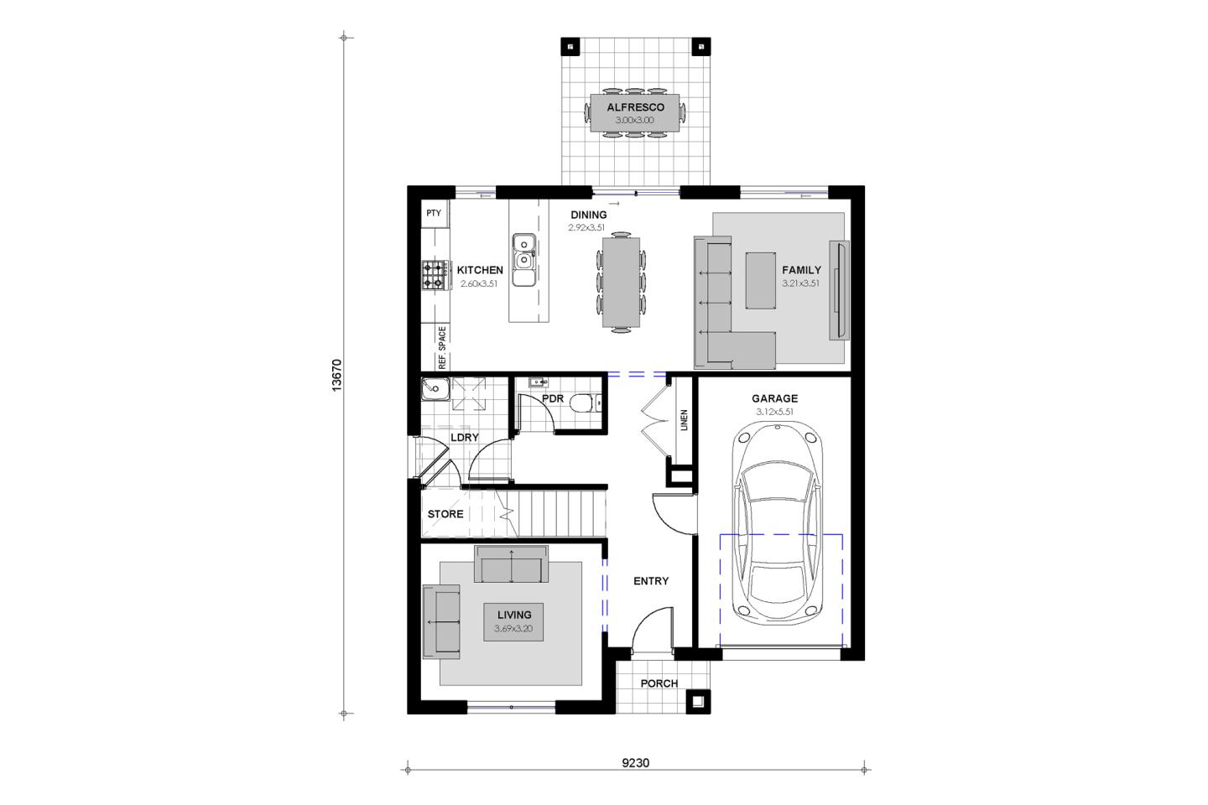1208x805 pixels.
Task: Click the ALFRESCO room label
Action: click(x=635, y=107)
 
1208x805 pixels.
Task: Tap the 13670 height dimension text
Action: click(x=337, y=376)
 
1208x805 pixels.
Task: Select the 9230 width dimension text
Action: click(x=636, y=763)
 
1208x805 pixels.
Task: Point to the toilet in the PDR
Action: click(x=586, y=402)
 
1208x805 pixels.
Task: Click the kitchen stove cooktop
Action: click(x=435, y=275)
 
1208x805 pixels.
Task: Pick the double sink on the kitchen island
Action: click(x=523, y=259)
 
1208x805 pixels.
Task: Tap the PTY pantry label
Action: click(x=434, y=213)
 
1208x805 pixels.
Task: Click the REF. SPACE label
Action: click(x=442, y=348)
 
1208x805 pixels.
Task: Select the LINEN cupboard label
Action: click(x=685, y=420)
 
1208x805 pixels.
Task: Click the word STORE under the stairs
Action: click(x=445, y=514)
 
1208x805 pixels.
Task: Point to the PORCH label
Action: click(x=659, y=683)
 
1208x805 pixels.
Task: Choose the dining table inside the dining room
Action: click(x=622, y=283)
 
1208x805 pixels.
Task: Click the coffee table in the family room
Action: click(x=761, y=280)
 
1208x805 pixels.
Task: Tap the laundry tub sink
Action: click(x=435, y=389)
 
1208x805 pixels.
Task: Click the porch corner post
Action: click(x=698, y=702)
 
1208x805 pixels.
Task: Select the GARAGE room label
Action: click(x=775, y=398)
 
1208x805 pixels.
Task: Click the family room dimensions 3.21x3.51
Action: click(x=801, y=283)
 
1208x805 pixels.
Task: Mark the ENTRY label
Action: click(x=651, y=581)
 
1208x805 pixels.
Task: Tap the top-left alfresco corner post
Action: click(x=570, y=47)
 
